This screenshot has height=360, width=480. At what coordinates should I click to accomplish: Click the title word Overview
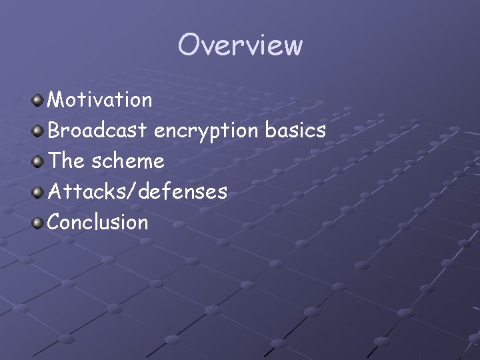point(240,45)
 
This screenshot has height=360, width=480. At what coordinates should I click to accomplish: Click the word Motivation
point(100,100)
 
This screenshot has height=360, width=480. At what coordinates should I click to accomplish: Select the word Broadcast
point(97,131)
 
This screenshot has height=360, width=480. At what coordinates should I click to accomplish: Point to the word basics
point(295,131)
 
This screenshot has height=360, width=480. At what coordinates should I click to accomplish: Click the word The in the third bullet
point(65,161)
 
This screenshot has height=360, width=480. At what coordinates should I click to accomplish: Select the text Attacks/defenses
point(137,192)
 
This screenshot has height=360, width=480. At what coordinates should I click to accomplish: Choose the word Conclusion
point(98,222)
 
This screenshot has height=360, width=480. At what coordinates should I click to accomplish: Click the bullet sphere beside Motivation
point(38,101)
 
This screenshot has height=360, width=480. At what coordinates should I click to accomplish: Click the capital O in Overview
point(189,45)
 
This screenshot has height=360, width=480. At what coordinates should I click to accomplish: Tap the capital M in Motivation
point(56,100)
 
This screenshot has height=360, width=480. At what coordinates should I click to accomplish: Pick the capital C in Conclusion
point(55,222)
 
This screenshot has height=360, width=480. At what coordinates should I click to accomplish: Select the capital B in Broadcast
point(54,131)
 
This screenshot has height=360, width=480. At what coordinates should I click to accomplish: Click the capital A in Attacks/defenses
point(55,192)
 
